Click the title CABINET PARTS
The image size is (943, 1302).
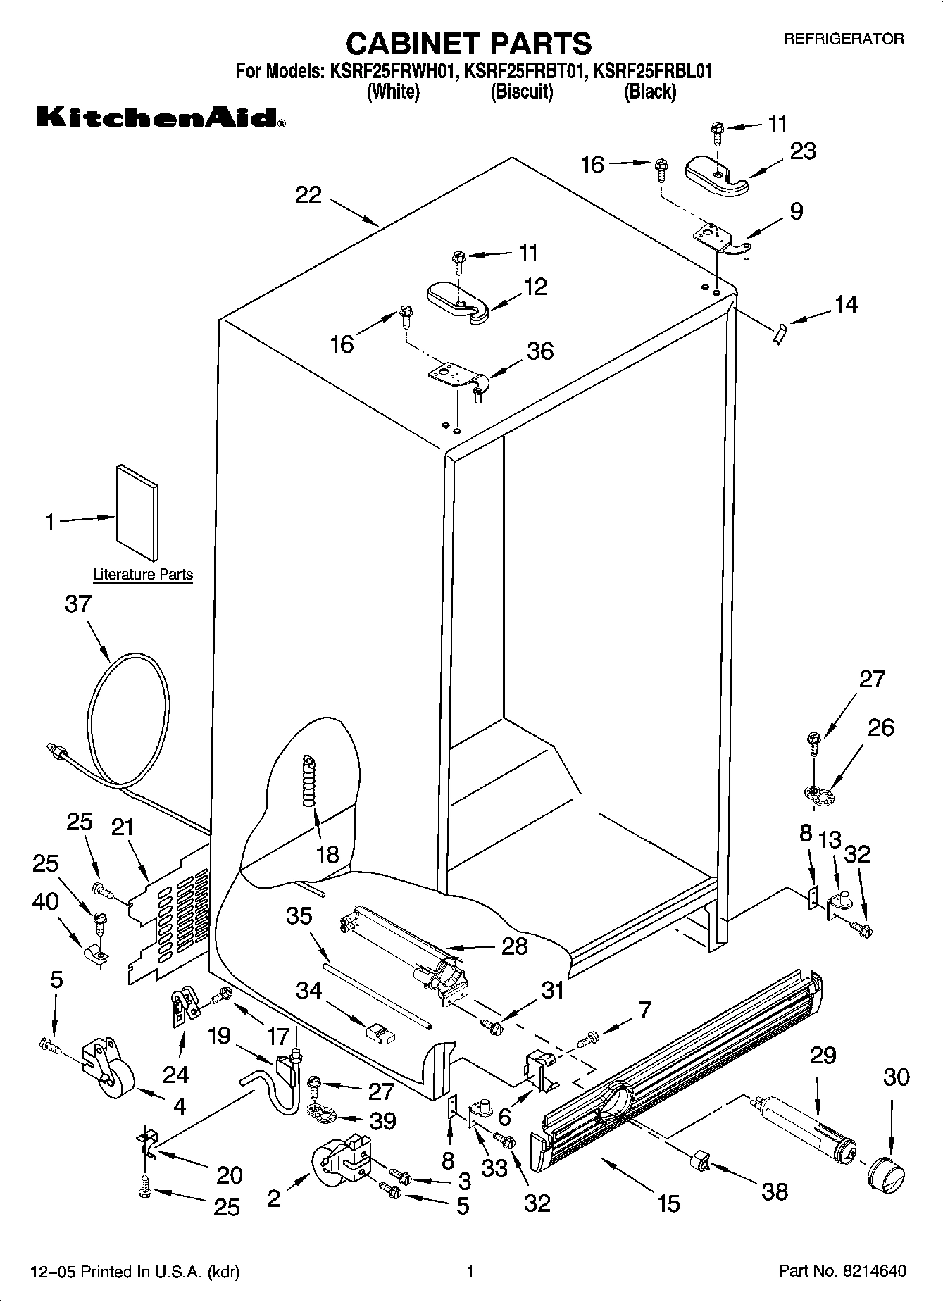468,44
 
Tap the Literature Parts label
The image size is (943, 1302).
143,575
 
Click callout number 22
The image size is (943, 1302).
308,194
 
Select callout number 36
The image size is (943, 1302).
540,351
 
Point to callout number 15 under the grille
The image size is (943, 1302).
668,1203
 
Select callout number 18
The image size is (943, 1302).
327,854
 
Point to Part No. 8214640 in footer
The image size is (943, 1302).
842,1271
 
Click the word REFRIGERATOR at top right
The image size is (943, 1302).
844,39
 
